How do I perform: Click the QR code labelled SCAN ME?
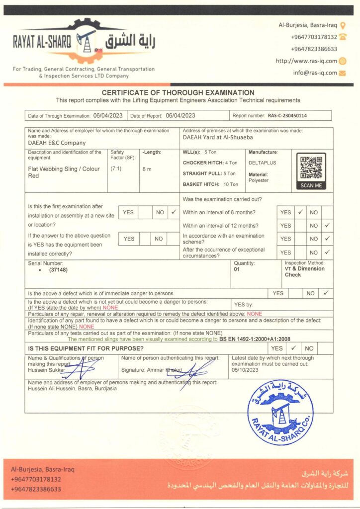[311, 169]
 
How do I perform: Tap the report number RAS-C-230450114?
[287, 116]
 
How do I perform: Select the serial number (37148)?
[58, 270]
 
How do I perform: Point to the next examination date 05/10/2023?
[246, 369]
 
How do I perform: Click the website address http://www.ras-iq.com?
[306, 61]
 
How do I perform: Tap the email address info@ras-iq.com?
[315, 73]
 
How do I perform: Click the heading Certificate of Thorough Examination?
[178, 92]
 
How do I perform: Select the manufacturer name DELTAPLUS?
[263, 162]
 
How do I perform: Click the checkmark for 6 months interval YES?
[300, 212]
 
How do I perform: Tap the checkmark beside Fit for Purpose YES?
[293, 348]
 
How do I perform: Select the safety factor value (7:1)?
[116, 169]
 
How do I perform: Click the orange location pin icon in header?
[343, 24]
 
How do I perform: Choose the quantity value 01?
[236, 269]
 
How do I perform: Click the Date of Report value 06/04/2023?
[180, 115]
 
